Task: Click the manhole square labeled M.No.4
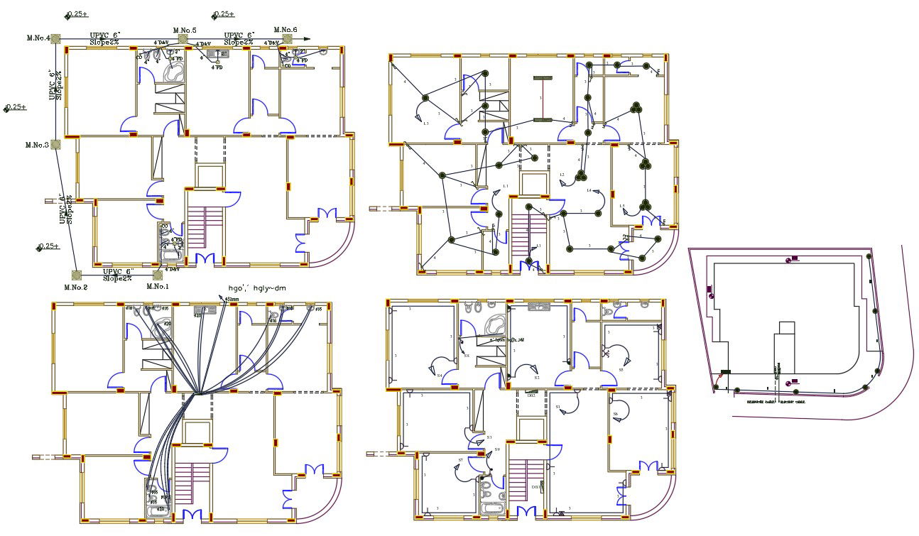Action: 56,39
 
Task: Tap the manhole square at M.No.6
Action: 286,39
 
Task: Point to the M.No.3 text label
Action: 37,145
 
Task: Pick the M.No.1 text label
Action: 158,287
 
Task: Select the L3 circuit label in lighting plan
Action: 425,124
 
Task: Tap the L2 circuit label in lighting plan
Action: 562,175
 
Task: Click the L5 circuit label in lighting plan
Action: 622,207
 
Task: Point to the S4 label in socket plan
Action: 440,375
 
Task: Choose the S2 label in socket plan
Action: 537,378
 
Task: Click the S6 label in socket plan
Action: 616,414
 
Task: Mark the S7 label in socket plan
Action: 460,461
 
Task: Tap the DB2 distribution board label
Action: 531,395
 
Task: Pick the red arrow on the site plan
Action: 718,384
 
